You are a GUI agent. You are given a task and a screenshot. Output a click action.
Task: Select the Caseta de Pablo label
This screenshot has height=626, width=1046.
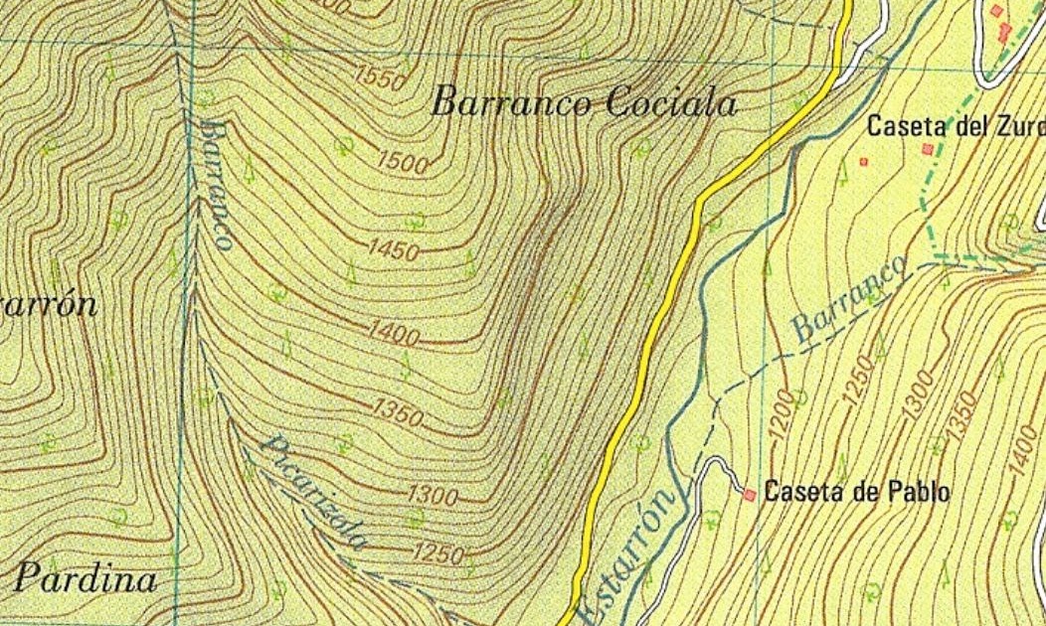click(856, 492)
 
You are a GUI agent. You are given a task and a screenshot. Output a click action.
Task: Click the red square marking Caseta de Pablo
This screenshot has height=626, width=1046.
click(749, 494)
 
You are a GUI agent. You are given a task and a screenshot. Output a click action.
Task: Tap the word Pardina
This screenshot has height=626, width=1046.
click(87, 578)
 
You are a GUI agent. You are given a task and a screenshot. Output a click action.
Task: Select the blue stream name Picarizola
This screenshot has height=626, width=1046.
click(312, 493)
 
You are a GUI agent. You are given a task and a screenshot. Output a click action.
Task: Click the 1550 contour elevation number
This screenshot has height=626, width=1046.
click(378, 77)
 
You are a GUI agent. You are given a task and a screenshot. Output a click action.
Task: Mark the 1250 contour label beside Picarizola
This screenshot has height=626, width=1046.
click(437, 553)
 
